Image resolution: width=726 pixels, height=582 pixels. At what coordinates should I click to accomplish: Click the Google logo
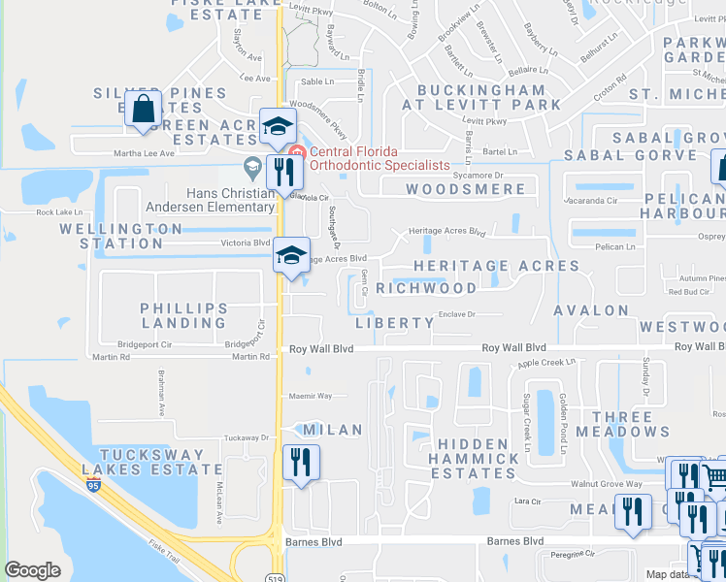point(33,570)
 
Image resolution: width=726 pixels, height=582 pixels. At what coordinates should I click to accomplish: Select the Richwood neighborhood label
point(426,288)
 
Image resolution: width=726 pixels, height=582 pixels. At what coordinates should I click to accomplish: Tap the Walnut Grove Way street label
point(607,483)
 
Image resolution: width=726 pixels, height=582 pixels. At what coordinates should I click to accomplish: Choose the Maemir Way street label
point(311,396)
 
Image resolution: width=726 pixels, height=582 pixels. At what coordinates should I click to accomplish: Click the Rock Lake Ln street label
point(59,211)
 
